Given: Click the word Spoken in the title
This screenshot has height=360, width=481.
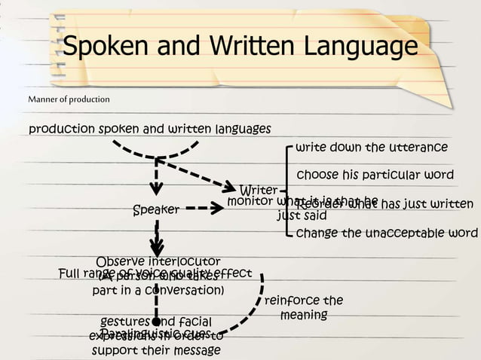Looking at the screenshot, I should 109,47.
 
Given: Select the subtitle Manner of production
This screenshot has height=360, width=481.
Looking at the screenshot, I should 69,99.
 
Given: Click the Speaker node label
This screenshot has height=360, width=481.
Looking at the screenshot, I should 156,210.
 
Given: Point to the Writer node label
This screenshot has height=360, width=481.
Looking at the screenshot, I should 259,190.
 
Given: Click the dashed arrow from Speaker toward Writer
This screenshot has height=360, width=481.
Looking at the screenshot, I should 204,208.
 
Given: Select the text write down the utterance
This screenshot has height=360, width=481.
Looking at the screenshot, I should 372,147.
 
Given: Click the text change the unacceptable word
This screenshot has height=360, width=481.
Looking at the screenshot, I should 387,233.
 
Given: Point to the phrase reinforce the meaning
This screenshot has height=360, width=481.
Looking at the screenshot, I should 304,307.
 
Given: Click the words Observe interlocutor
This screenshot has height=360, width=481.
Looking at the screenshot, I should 158,261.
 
